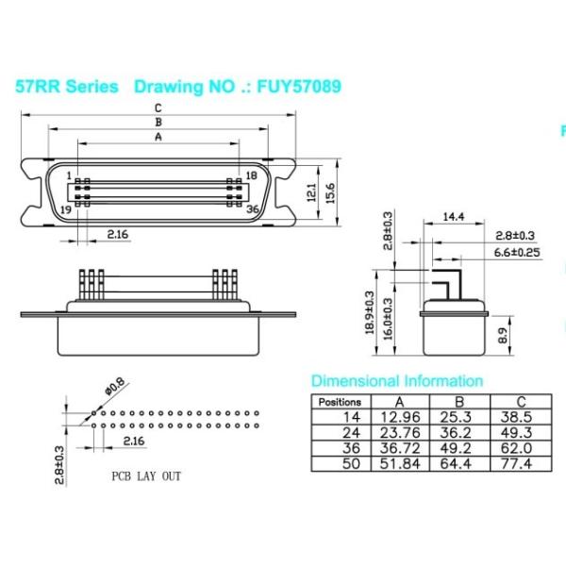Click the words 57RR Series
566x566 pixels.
(67, 87)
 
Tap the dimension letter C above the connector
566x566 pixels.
(158, 108)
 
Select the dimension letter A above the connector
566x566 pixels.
(158, 136)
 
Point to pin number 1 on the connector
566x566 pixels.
(68, 174)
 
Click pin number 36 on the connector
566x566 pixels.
(252, 209)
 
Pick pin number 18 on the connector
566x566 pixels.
(251, 175)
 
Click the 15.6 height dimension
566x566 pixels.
(330, 193)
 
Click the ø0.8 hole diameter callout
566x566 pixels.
(114, 387)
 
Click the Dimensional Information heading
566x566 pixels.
(397, 381)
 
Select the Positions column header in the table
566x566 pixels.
(339, 402)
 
